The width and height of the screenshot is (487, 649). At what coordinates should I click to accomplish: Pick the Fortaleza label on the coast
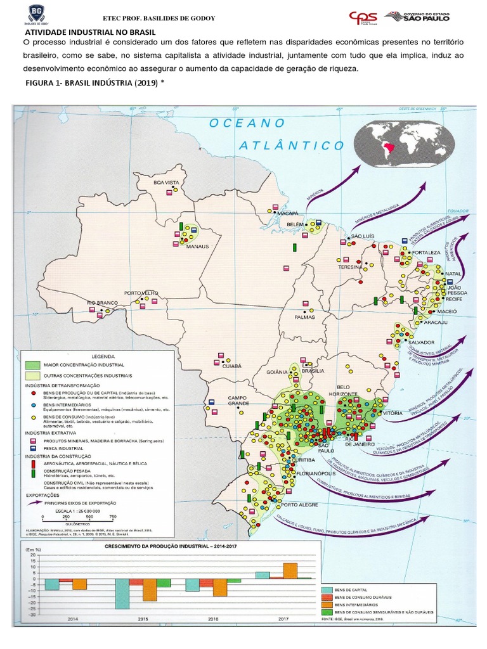click(x=427, y=252)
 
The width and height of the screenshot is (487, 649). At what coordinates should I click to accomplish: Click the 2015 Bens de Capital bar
click(x=122, y=596)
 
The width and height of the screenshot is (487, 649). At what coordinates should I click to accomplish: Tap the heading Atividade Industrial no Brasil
click(x=90, y=32)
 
